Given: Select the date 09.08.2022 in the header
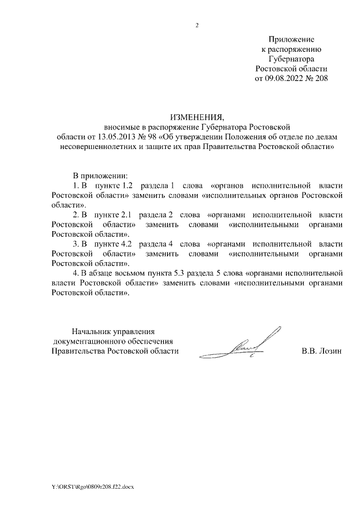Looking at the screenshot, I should tap(285, 78).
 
